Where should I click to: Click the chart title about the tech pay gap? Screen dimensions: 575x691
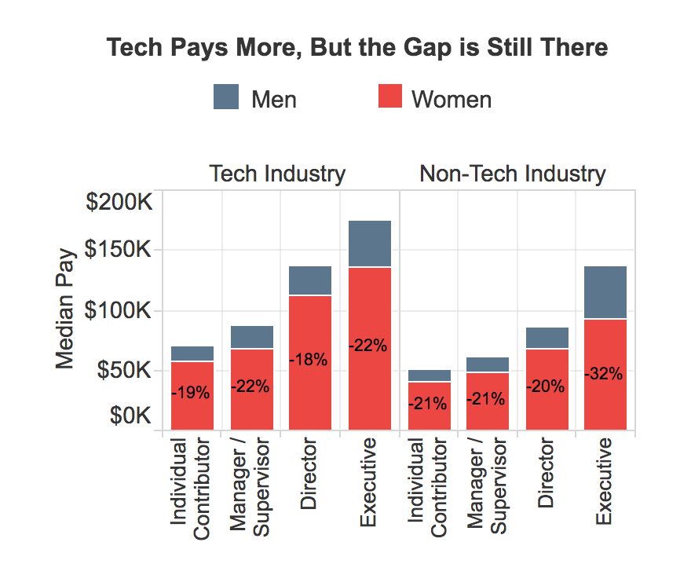click(x=357, y=48)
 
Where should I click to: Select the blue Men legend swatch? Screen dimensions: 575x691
click(x=226, y=97)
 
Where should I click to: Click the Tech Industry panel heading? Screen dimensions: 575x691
click(x=277, y=174)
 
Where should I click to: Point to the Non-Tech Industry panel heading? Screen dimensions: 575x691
click(x=513, y=174)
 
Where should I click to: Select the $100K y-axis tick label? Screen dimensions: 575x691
click(x=118, y=310)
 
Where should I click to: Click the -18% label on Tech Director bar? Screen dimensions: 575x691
click(x=308, y=360)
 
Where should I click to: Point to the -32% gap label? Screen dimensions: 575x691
click(x=603, y=374)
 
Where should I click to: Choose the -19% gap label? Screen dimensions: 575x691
click(x=191, y=393)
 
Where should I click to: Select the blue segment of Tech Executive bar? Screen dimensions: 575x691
click(x=370, y=244)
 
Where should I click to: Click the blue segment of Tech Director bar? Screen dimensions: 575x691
click(x=309, y=280)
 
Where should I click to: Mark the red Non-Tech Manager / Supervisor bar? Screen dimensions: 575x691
click(x=488, y=401)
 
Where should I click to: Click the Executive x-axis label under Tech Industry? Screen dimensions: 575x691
click(x=368, y=482)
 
